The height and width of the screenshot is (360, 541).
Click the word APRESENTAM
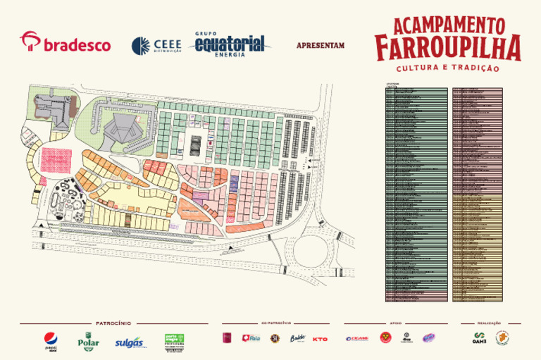pos(321,46)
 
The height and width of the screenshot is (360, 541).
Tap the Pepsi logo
pos(51,340)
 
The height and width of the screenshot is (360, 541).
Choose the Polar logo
pos(88,340)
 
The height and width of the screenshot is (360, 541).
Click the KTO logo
pos(320,339)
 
